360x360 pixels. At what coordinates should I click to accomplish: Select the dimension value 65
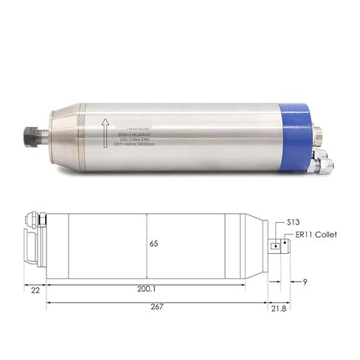point(153,243)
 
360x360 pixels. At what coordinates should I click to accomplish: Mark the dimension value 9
point(305,281)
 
